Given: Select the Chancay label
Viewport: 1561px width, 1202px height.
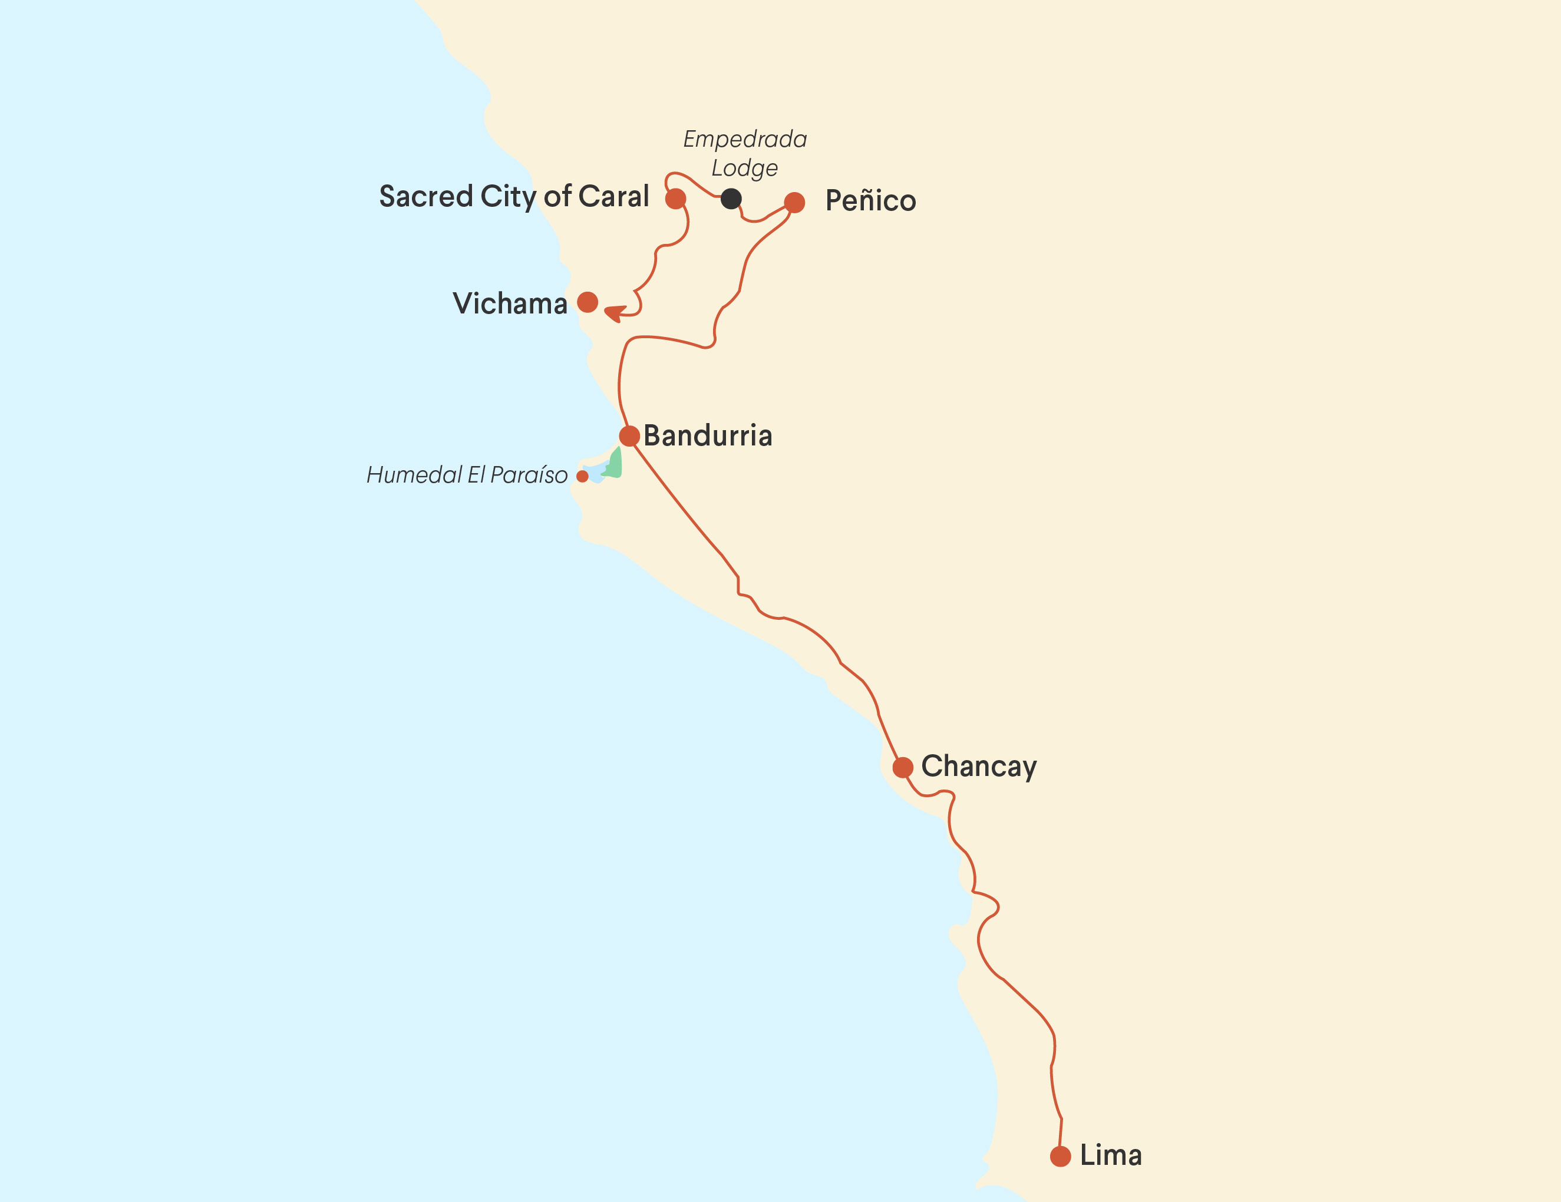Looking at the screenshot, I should [978, 767].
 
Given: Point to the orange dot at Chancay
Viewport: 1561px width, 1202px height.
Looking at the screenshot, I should [903, 768].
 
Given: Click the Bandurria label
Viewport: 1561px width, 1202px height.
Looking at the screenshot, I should [708, 436].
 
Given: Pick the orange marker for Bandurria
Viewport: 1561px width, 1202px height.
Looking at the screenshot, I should [629, 436].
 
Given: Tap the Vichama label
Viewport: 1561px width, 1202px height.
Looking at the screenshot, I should [510, 303].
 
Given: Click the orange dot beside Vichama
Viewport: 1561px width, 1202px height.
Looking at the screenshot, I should [588, 302].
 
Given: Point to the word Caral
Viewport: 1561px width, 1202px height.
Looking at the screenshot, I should [613, 197].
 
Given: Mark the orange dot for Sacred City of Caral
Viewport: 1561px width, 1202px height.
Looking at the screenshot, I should [675, 199].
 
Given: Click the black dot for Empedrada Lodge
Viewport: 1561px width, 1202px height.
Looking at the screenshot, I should [731, 199].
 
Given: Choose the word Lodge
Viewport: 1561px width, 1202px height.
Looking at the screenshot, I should [744, 169].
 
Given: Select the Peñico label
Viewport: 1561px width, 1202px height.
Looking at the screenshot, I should [870, 201].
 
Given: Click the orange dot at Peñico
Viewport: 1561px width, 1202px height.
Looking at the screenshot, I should [794, 203].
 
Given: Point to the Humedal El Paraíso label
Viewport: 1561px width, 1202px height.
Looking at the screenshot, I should [467, 475].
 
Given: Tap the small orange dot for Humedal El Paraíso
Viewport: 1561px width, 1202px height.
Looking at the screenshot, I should [583, 477].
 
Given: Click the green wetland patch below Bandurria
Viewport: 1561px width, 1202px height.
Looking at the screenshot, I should [614, 464].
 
